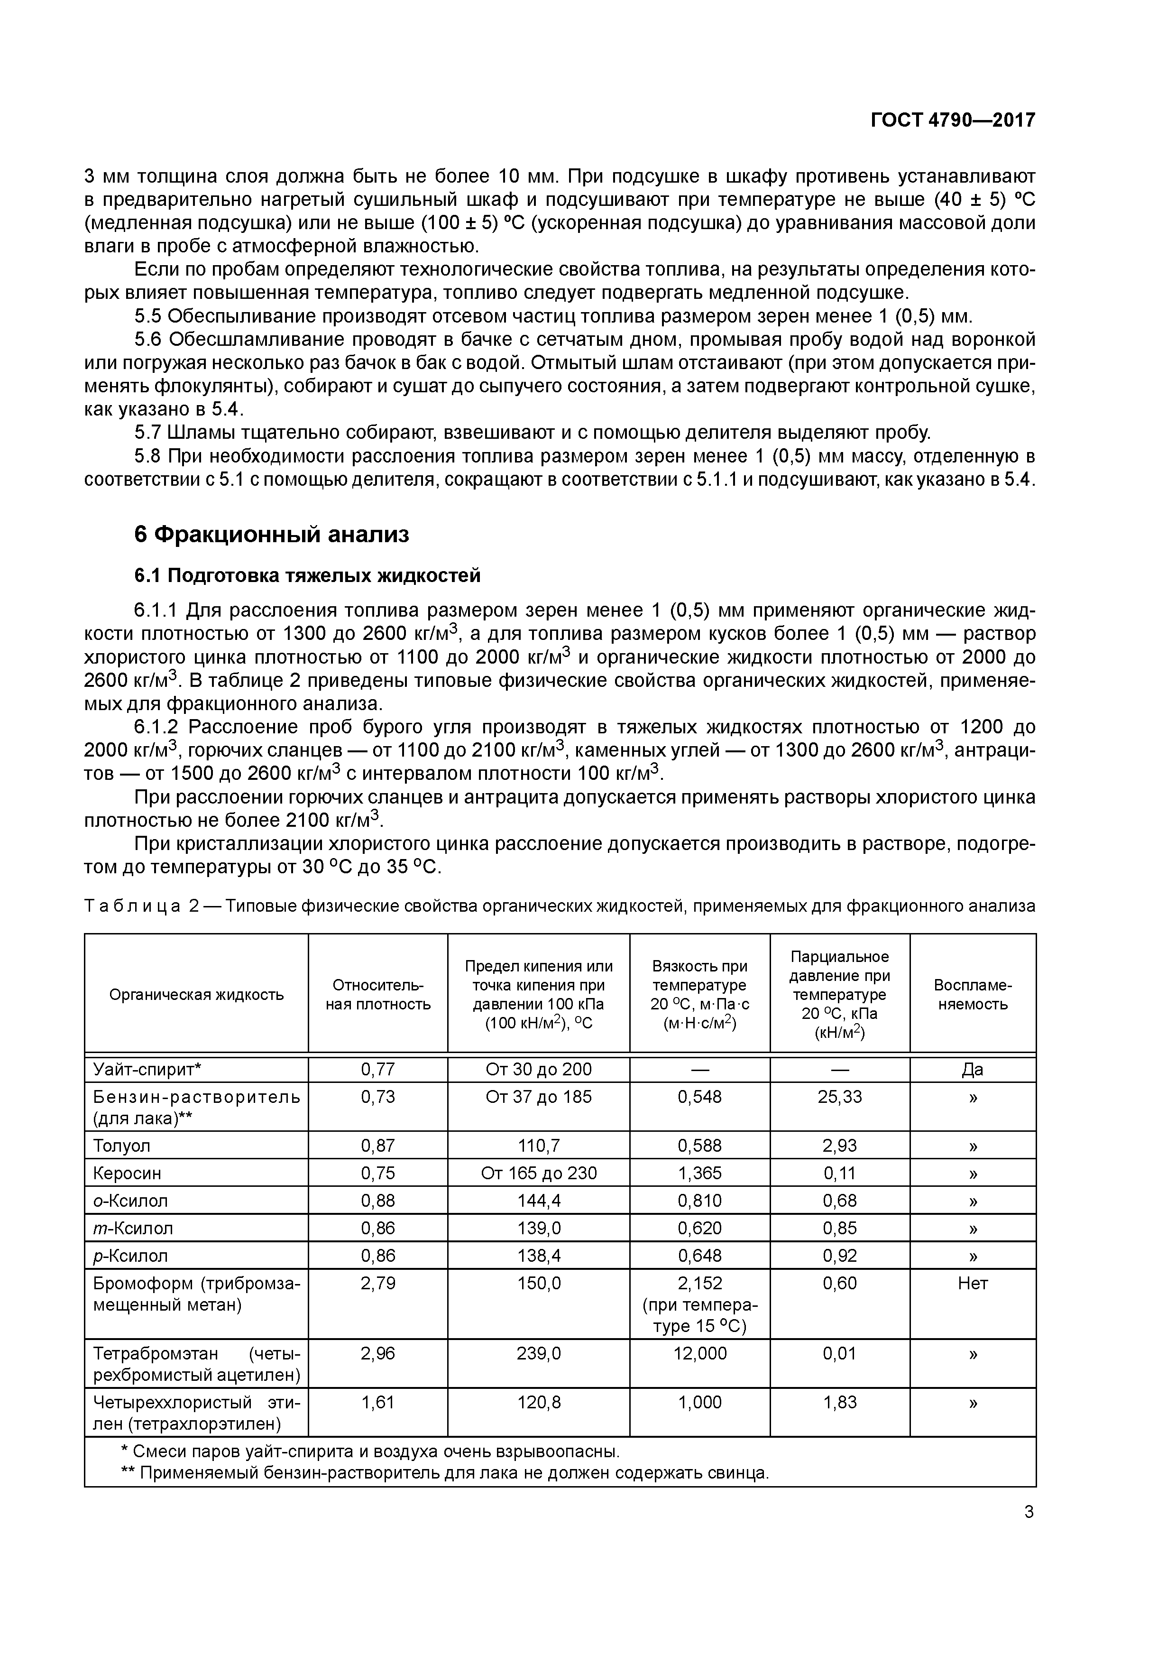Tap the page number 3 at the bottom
tap(1029, 1512)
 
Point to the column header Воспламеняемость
tap(973, 994)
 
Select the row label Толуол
tap(122, 1146)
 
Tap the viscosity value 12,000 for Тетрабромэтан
tap(699, 1354)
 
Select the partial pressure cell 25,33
tap(840, 1097)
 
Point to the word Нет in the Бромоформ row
tap(973, 1284)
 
